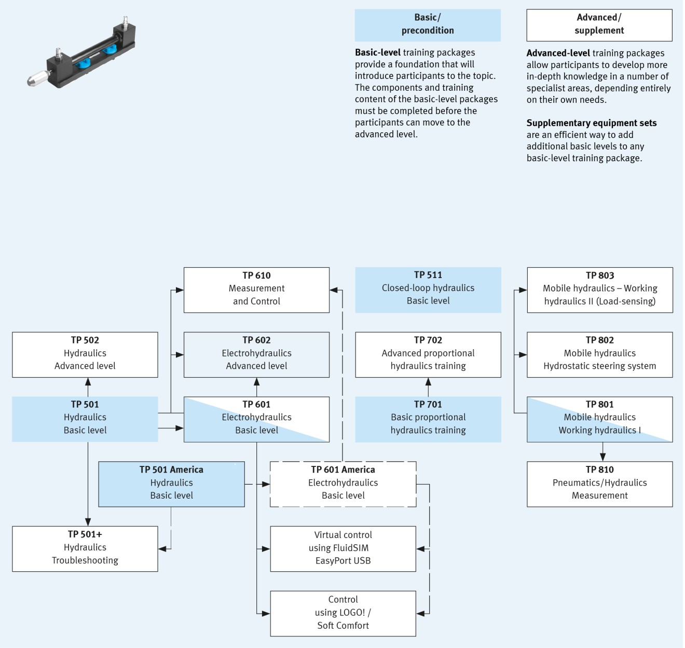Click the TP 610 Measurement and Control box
[256, 290]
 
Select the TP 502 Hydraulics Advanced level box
[85, 354]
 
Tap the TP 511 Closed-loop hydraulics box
[428, 290]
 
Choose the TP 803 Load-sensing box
[599, 290]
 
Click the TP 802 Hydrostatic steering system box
[599, 354]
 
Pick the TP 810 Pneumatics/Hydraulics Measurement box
[599, 484]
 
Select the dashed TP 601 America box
[342, 484]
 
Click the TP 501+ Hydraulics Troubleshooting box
[85, 548]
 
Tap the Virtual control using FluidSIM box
[342, 548]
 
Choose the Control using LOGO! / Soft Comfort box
[342, 613]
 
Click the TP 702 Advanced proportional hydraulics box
[428, 354]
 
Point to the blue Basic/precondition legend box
[428, 25]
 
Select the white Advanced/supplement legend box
[599, 25]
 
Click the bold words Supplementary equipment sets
[591, 123]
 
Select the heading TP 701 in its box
[428, 404]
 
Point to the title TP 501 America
[171, 470]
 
